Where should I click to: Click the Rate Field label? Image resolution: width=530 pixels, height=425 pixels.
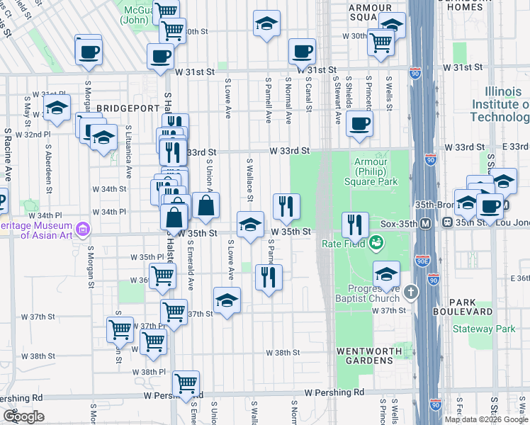point(343,244)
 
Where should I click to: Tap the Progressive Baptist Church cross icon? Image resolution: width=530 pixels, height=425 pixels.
point(412,292)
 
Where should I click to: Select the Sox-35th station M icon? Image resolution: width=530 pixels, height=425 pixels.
point(427,223)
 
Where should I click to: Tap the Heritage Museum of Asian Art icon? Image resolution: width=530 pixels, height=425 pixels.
point(84,229)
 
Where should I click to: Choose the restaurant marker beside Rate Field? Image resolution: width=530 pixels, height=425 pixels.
point(355,225)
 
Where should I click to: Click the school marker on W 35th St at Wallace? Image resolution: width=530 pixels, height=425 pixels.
point(249,225)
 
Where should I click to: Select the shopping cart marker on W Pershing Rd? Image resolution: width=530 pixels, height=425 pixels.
point(186,383)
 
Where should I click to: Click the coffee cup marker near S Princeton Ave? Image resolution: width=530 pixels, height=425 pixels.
point(360,123)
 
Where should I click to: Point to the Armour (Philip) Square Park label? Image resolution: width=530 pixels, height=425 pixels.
point(383,171)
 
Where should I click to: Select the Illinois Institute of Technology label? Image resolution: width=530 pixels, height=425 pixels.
point(507,104)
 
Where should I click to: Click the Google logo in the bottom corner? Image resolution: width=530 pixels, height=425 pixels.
point(23,417)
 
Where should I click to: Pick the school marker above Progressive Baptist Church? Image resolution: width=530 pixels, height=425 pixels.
point(386,274)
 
